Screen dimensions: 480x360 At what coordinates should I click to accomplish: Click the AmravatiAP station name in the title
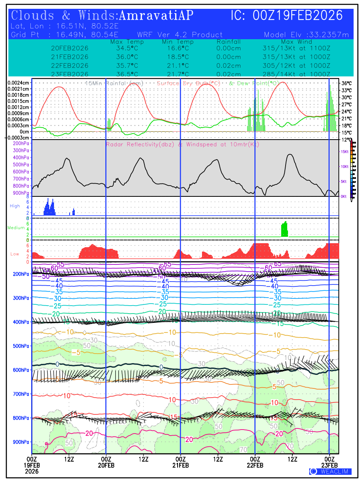click(x=156, y=16)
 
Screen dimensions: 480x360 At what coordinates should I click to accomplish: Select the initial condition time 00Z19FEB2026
click(x=298, y=16)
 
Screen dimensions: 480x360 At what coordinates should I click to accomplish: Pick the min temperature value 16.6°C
click(x=178, y=48)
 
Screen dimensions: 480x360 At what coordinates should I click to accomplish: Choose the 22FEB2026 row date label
click(x=70, y=65)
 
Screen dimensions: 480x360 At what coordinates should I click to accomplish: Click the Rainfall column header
click(x=229, y=42)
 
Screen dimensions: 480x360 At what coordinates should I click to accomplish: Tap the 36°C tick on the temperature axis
click(x=346, y=83)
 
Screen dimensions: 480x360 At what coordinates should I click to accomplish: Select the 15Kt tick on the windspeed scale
click(x=344, y=152)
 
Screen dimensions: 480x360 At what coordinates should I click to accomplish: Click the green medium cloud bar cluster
click(x=285, y=229)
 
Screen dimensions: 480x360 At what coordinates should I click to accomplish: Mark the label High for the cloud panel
click(x=15, y=206)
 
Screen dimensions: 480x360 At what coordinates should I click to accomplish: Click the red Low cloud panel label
click(x=15, y=254)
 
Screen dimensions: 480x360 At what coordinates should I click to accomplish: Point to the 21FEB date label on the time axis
click(x=180, y=465)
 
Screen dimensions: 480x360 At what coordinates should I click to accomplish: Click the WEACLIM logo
click(x=330, y=472)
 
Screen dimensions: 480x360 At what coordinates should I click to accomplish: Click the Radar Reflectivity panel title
click(x=182, y=144)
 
